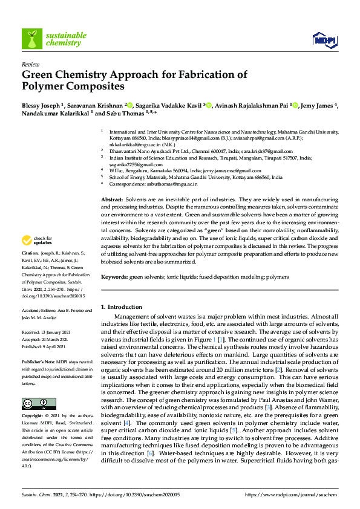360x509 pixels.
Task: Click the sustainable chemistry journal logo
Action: click(x=52, y=39)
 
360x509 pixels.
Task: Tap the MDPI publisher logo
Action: click(x=324, y=40)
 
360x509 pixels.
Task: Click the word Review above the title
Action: click(x=30, y=63)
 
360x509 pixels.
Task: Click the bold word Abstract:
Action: click(x=112, y=199)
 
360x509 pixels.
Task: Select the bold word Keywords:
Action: click(x=114, y=276)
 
